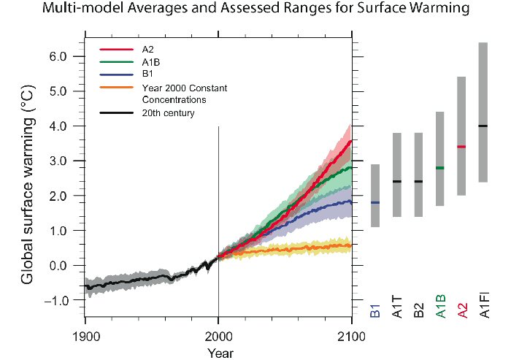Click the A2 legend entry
(148, 50)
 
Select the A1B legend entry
(151, 63)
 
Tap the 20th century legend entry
(168, 113)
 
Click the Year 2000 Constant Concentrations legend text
(174, 93)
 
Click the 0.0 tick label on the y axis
(58, 266)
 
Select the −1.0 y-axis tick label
(55, 301)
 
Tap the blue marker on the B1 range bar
(374, 202)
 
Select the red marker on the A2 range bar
(461, 147)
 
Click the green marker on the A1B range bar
(439, 168)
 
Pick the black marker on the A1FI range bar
(483, 126)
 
